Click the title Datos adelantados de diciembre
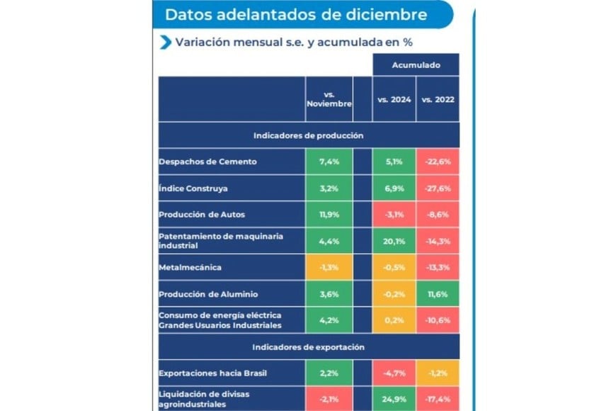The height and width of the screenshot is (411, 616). [x=295, y=14]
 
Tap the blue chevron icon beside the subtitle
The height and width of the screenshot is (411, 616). [x=166, y=42]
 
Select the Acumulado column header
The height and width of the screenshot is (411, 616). [x=416, y=64]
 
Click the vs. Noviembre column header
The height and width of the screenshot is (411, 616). [x=329, y=99]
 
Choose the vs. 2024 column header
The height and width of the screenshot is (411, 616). [x=394, y=100]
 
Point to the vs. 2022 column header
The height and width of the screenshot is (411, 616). [x=438, y=100]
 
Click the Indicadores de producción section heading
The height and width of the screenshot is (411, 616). [x=308, y=135]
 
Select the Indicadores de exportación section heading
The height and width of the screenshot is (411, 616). [x=308, y=347]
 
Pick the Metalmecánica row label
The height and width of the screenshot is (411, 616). [x=190, y=267]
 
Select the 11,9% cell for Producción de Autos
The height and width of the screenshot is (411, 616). [x=329, y=214]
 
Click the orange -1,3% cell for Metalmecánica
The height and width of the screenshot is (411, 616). [x=329, y=267]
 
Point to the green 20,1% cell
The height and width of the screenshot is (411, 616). [x=394, y=240]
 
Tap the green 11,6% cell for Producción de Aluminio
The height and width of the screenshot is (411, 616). [x=438, y=293]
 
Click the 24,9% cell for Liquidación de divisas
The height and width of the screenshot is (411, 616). [x=394, y=398]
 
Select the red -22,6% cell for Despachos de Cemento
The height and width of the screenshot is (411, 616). [x=438, y=162]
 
